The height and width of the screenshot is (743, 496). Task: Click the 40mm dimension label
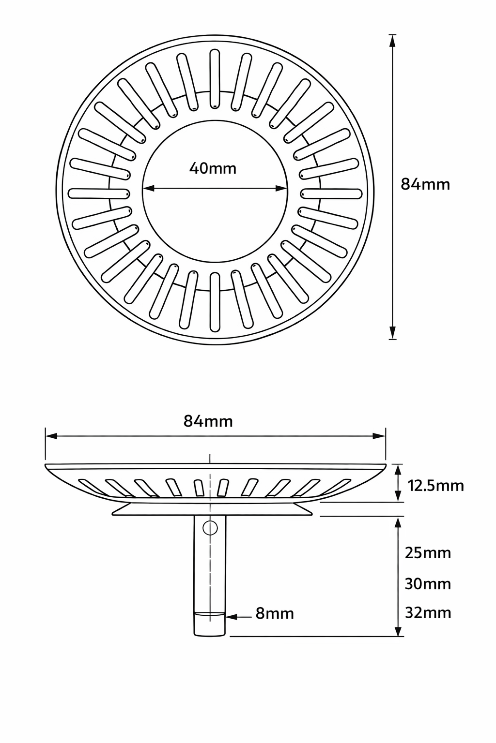tap(213, 168)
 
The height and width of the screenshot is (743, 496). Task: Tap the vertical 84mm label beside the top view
tap(425, 184)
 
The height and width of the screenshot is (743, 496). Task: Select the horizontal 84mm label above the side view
tap(208, 421)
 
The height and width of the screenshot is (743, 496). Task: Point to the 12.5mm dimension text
tap(435, 485)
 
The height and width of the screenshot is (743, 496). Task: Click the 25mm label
tap(428, 553)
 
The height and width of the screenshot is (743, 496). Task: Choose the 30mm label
tap(428, 584)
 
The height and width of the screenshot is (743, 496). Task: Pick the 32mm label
tap(428, 613)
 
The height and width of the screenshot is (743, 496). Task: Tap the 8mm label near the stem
tap(275, 614)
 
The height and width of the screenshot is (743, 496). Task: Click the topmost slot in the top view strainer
tap(214, 79)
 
